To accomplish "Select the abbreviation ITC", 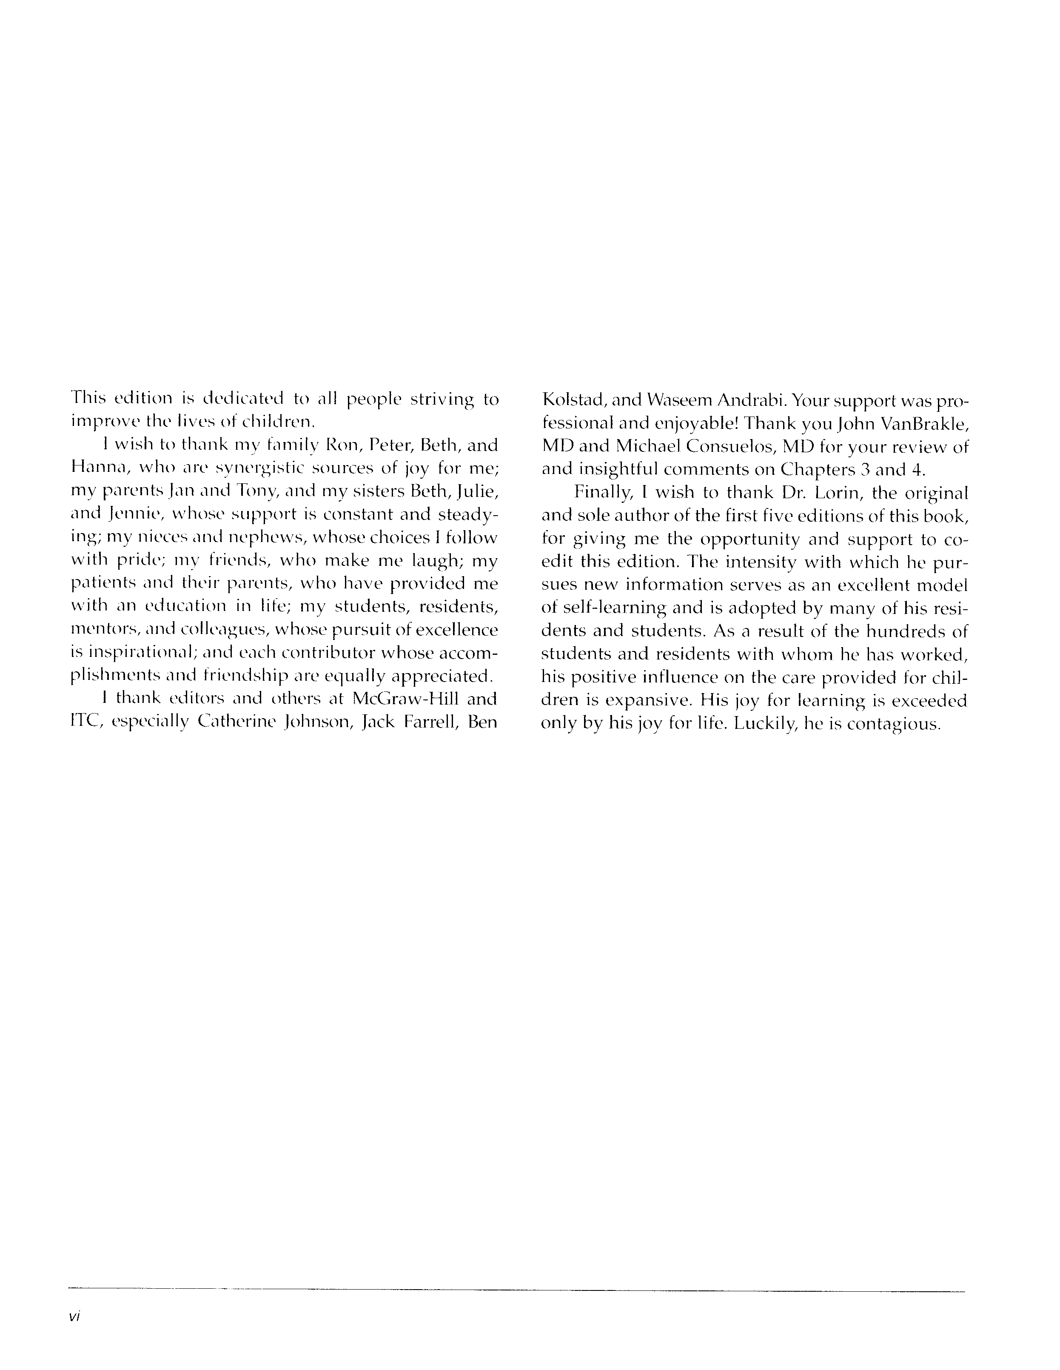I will point(84,722).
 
